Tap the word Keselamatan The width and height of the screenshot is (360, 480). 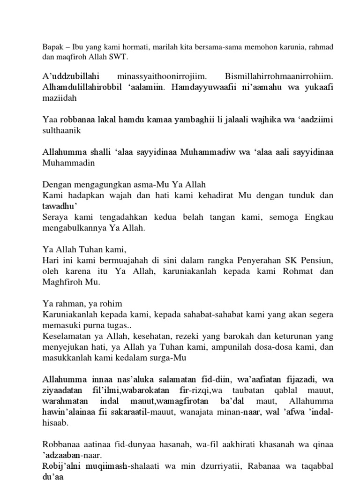coord(67,336)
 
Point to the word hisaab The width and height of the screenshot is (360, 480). coord(55,422)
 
